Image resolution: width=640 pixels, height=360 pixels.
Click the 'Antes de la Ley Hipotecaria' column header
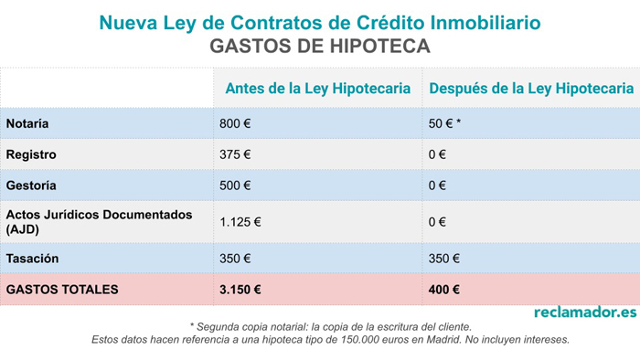[x=317, y=89]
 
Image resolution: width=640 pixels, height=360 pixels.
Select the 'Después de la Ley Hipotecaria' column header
[x=530, y=89]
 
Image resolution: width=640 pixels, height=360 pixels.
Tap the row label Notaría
[x=27, y=123]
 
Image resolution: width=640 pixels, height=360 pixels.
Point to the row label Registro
[x=31, y=154]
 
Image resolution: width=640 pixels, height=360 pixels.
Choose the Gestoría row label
[x=31, y=185]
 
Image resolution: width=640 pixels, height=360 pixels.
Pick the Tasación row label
[x=32, y=259]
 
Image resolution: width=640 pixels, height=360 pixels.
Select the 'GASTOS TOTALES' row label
[x=61, y=290]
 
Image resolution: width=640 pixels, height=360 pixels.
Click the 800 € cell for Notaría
[x=234, y=123]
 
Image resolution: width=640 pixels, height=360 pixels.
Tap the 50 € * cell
[x=444, y=123]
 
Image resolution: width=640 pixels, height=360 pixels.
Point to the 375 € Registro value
[x=234, y=154]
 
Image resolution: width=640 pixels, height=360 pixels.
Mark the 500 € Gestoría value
[x=234, y=185]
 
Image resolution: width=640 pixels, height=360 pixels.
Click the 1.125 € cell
[x=240, y=221]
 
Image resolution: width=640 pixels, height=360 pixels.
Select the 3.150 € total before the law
[x=240, y=290]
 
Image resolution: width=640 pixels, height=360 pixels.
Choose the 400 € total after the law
[x=443, y=290]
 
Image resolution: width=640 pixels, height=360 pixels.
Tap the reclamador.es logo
[x=584, y=312]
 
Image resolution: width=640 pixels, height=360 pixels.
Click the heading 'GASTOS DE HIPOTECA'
[x=319, y=45]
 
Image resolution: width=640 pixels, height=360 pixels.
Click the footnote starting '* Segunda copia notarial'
[x=330, y=326]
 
